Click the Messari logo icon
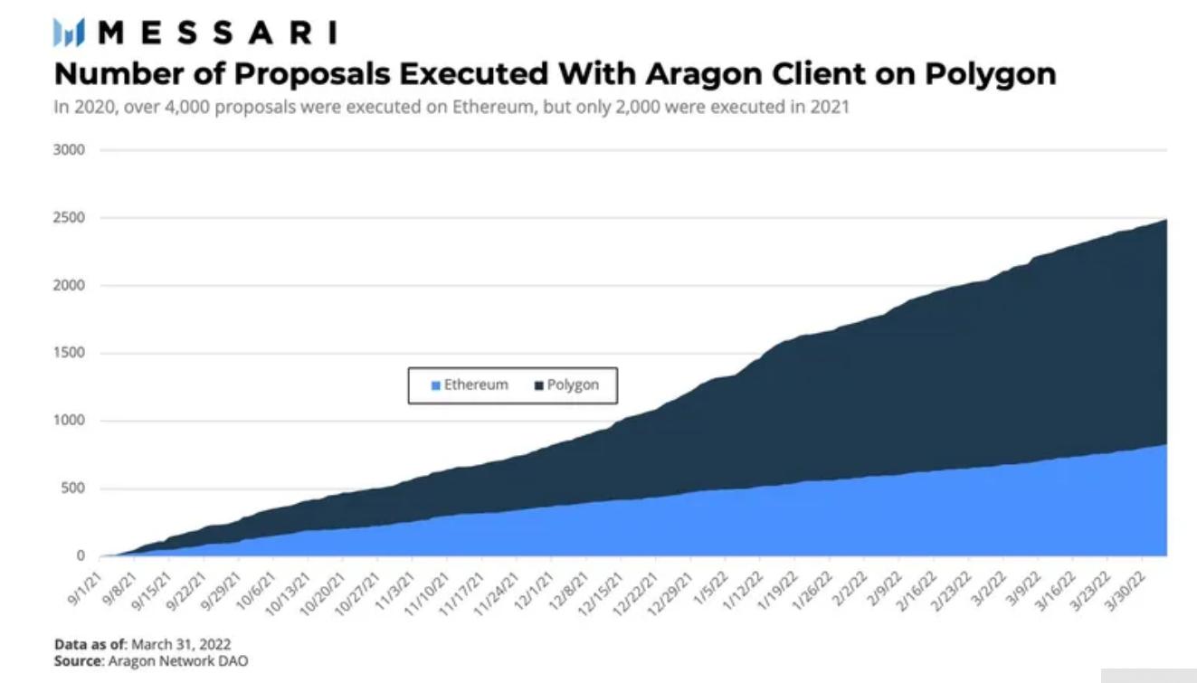click(x=69, y=33)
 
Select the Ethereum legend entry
click(x=470, y=384)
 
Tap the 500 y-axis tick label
click(x=73, y=489)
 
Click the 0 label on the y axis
click(x=81, y=555)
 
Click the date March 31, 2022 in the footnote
click(x=181, y=644)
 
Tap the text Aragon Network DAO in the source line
click(x=177, y=660)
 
